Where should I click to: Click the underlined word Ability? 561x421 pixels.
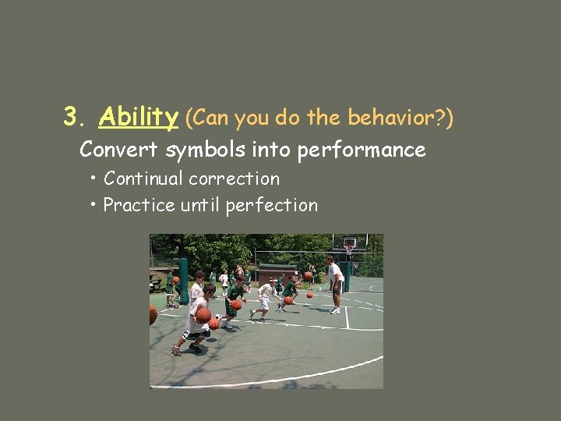(139, 118)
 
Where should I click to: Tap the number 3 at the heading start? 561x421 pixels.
(72, 118)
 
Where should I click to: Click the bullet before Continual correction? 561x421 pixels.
(93, 179)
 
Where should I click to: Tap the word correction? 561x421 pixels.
(236, 179)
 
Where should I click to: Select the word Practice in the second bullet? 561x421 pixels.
(139, 205)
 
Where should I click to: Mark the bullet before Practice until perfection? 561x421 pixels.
(93, 205)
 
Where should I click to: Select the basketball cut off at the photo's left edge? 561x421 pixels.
(153, 314)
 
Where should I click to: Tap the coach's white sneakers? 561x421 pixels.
(335, 311)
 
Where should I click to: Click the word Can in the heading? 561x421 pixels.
(208, 118)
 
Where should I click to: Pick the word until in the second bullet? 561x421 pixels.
(200, 205)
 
